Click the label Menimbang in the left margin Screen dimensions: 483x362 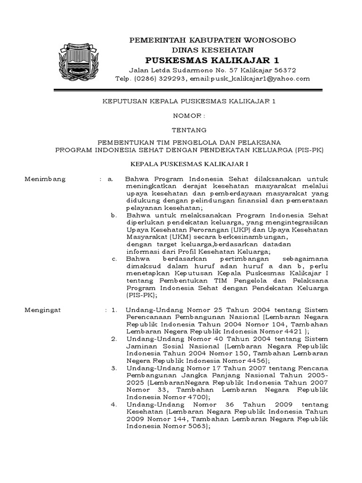click(45, 179)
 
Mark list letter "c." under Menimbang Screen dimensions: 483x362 click(115, 259)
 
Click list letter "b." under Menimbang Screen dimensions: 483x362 click(114, 215)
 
